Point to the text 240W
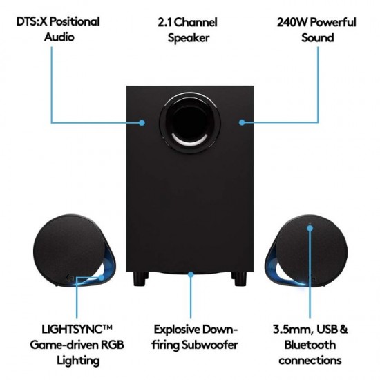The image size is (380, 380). [286, 22]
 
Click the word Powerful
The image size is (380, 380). [331, 22]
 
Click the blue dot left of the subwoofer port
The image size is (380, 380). [142, 122]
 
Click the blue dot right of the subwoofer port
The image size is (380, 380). [242, 122]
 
